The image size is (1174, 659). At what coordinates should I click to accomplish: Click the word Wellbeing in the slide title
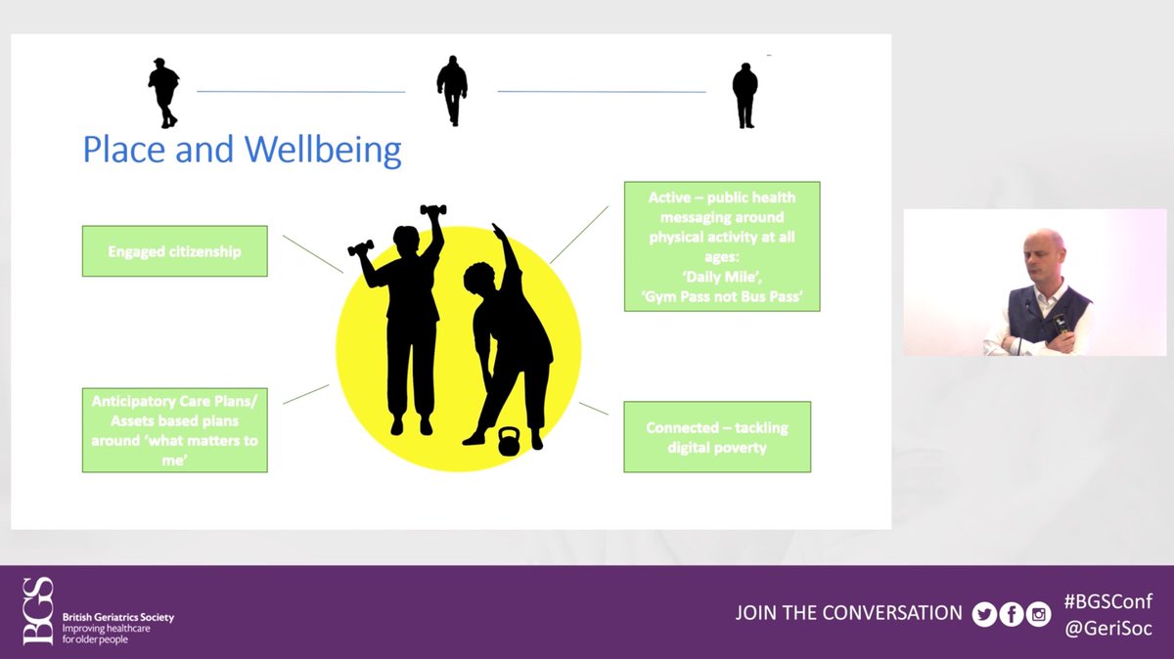tap(323, 150)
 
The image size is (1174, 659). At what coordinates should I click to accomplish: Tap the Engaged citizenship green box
tap(174, 251)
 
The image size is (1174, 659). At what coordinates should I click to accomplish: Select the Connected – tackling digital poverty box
tap(717, 437)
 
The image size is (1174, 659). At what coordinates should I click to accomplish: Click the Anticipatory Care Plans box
tap(174, 430)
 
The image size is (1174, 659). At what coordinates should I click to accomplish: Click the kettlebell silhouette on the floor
tap(507, 442)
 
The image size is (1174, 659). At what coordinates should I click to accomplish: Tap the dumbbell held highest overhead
tap(432, 210)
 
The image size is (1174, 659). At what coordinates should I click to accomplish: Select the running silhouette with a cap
tap(163, 93)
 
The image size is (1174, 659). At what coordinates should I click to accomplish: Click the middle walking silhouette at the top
tap(452, 91)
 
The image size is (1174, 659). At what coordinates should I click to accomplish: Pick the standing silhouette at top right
tap(745, 96)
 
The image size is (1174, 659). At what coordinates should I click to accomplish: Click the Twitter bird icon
tap(984, 614)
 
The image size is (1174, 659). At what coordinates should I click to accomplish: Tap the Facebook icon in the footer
tap(1012, 614)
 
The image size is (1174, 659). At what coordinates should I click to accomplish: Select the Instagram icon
tap(1039, 614)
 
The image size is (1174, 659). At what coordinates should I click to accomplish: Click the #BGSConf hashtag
tap(1107, 601)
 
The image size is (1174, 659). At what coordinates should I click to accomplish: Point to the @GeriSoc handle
tap(1107, 628)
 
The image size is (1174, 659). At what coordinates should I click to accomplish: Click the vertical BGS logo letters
tap(38, 611)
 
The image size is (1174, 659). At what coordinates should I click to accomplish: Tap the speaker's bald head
tap(1044, 246)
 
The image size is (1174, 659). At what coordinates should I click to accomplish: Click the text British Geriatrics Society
tap(118, 617)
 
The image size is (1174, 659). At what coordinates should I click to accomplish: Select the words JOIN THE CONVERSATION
tap(848, 613)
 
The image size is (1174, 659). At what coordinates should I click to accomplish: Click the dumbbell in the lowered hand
tap(361, 247)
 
